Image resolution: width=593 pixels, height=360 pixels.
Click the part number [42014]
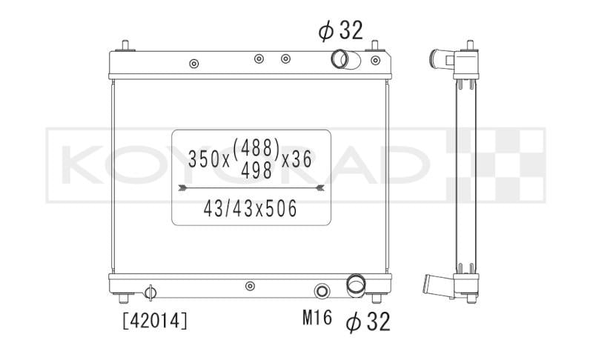155,321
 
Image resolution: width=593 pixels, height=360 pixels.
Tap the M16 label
317,318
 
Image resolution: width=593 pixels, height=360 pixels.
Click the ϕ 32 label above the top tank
340,30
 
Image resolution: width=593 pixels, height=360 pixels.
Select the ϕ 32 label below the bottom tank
368,322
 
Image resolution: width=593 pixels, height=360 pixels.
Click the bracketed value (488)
256,147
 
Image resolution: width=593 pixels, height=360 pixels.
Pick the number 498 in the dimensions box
256,170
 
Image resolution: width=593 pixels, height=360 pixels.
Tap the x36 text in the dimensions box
297,159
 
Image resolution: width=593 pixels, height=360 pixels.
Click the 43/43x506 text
251,209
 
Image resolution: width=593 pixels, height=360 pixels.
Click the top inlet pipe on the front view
345,60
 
